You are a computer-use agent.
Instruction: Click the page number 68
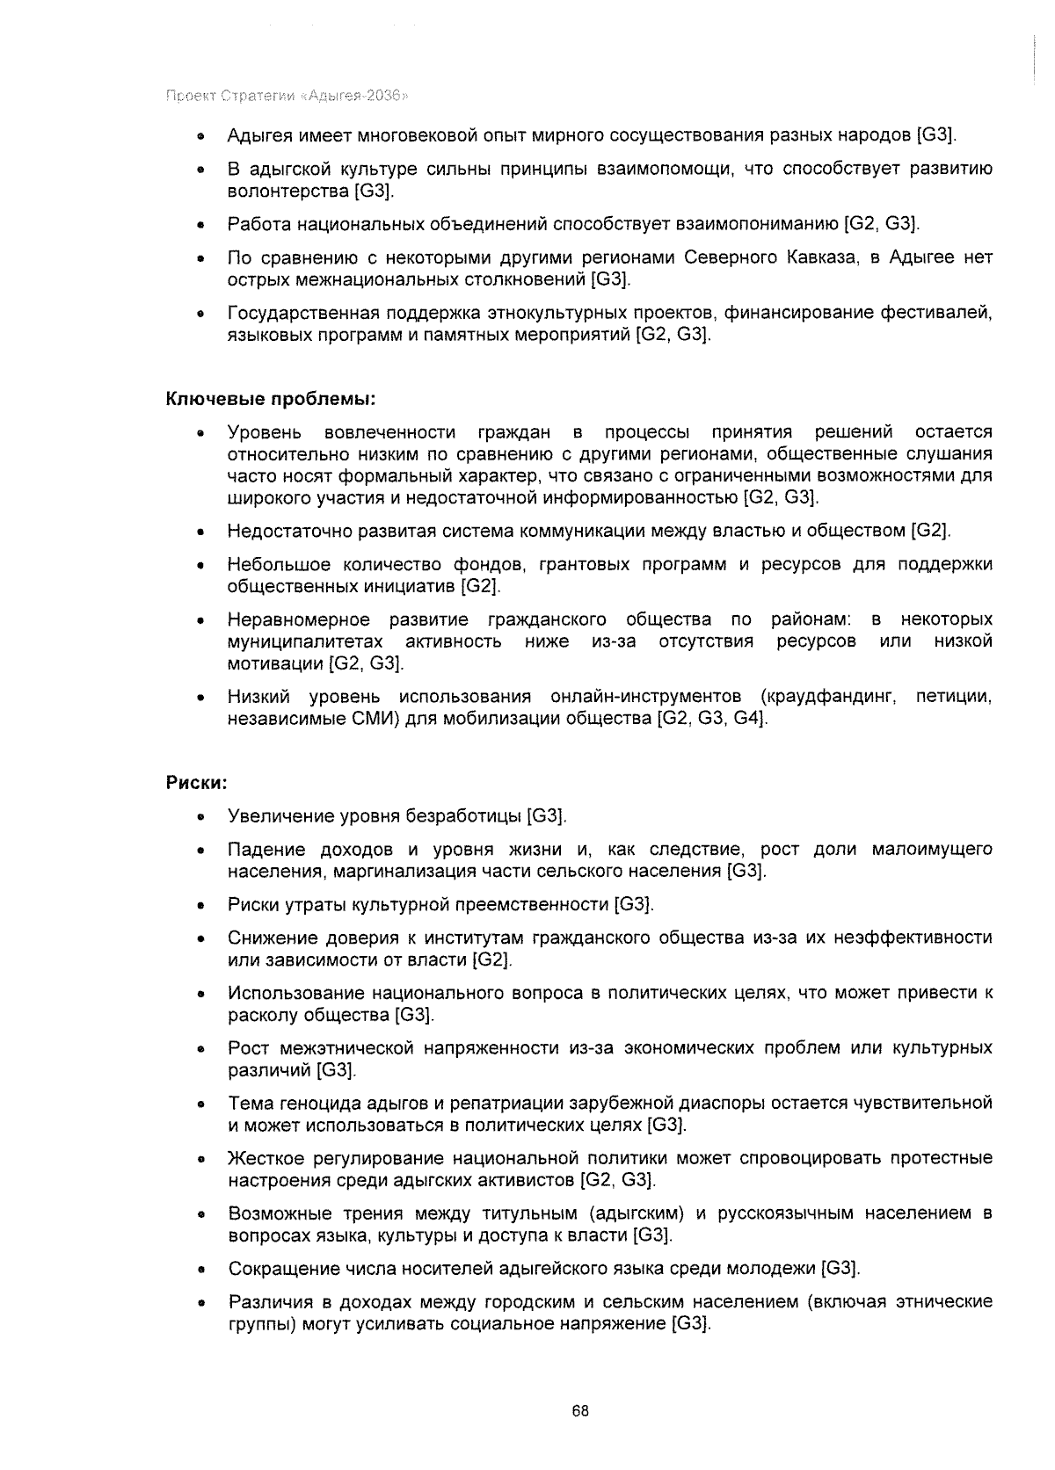click(x=579, y=1411)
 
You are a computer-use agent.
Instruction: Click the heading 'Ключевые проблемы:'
click(x=271, y=399)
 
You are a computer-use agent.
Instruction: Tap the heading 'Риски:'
click(x=197, y=781)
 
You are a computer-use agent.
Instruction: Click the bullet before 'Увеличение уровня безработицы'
click(x=201, y=817)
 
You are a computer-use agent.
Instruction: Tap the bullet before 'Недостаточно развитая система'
click(x=201, y=532)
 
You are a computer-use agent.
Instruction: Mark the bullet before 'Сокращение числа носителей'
click(x=201, y=1270)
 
